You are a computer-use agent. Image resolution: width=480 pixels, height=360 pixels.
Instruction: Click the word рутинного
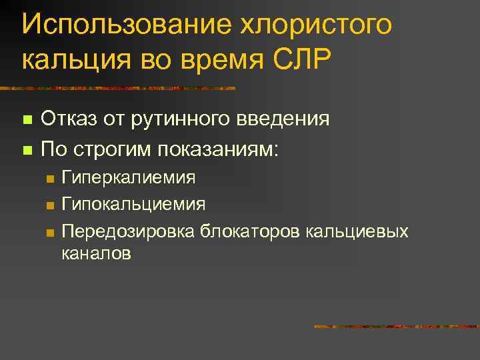[185, 119]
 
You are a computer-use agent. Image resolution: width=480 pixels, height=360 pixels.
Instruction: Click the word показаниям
[223, 148]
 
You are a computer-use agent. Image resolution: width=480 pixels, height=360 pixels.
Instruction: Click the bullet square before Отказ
[26, 121]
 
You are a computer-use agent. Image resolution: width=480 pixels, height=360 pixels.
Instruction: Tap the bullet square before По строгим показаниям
[26, 149]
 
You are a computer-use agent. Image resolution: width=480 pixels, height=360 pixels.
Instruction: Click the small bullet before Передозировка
[49, 232]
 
